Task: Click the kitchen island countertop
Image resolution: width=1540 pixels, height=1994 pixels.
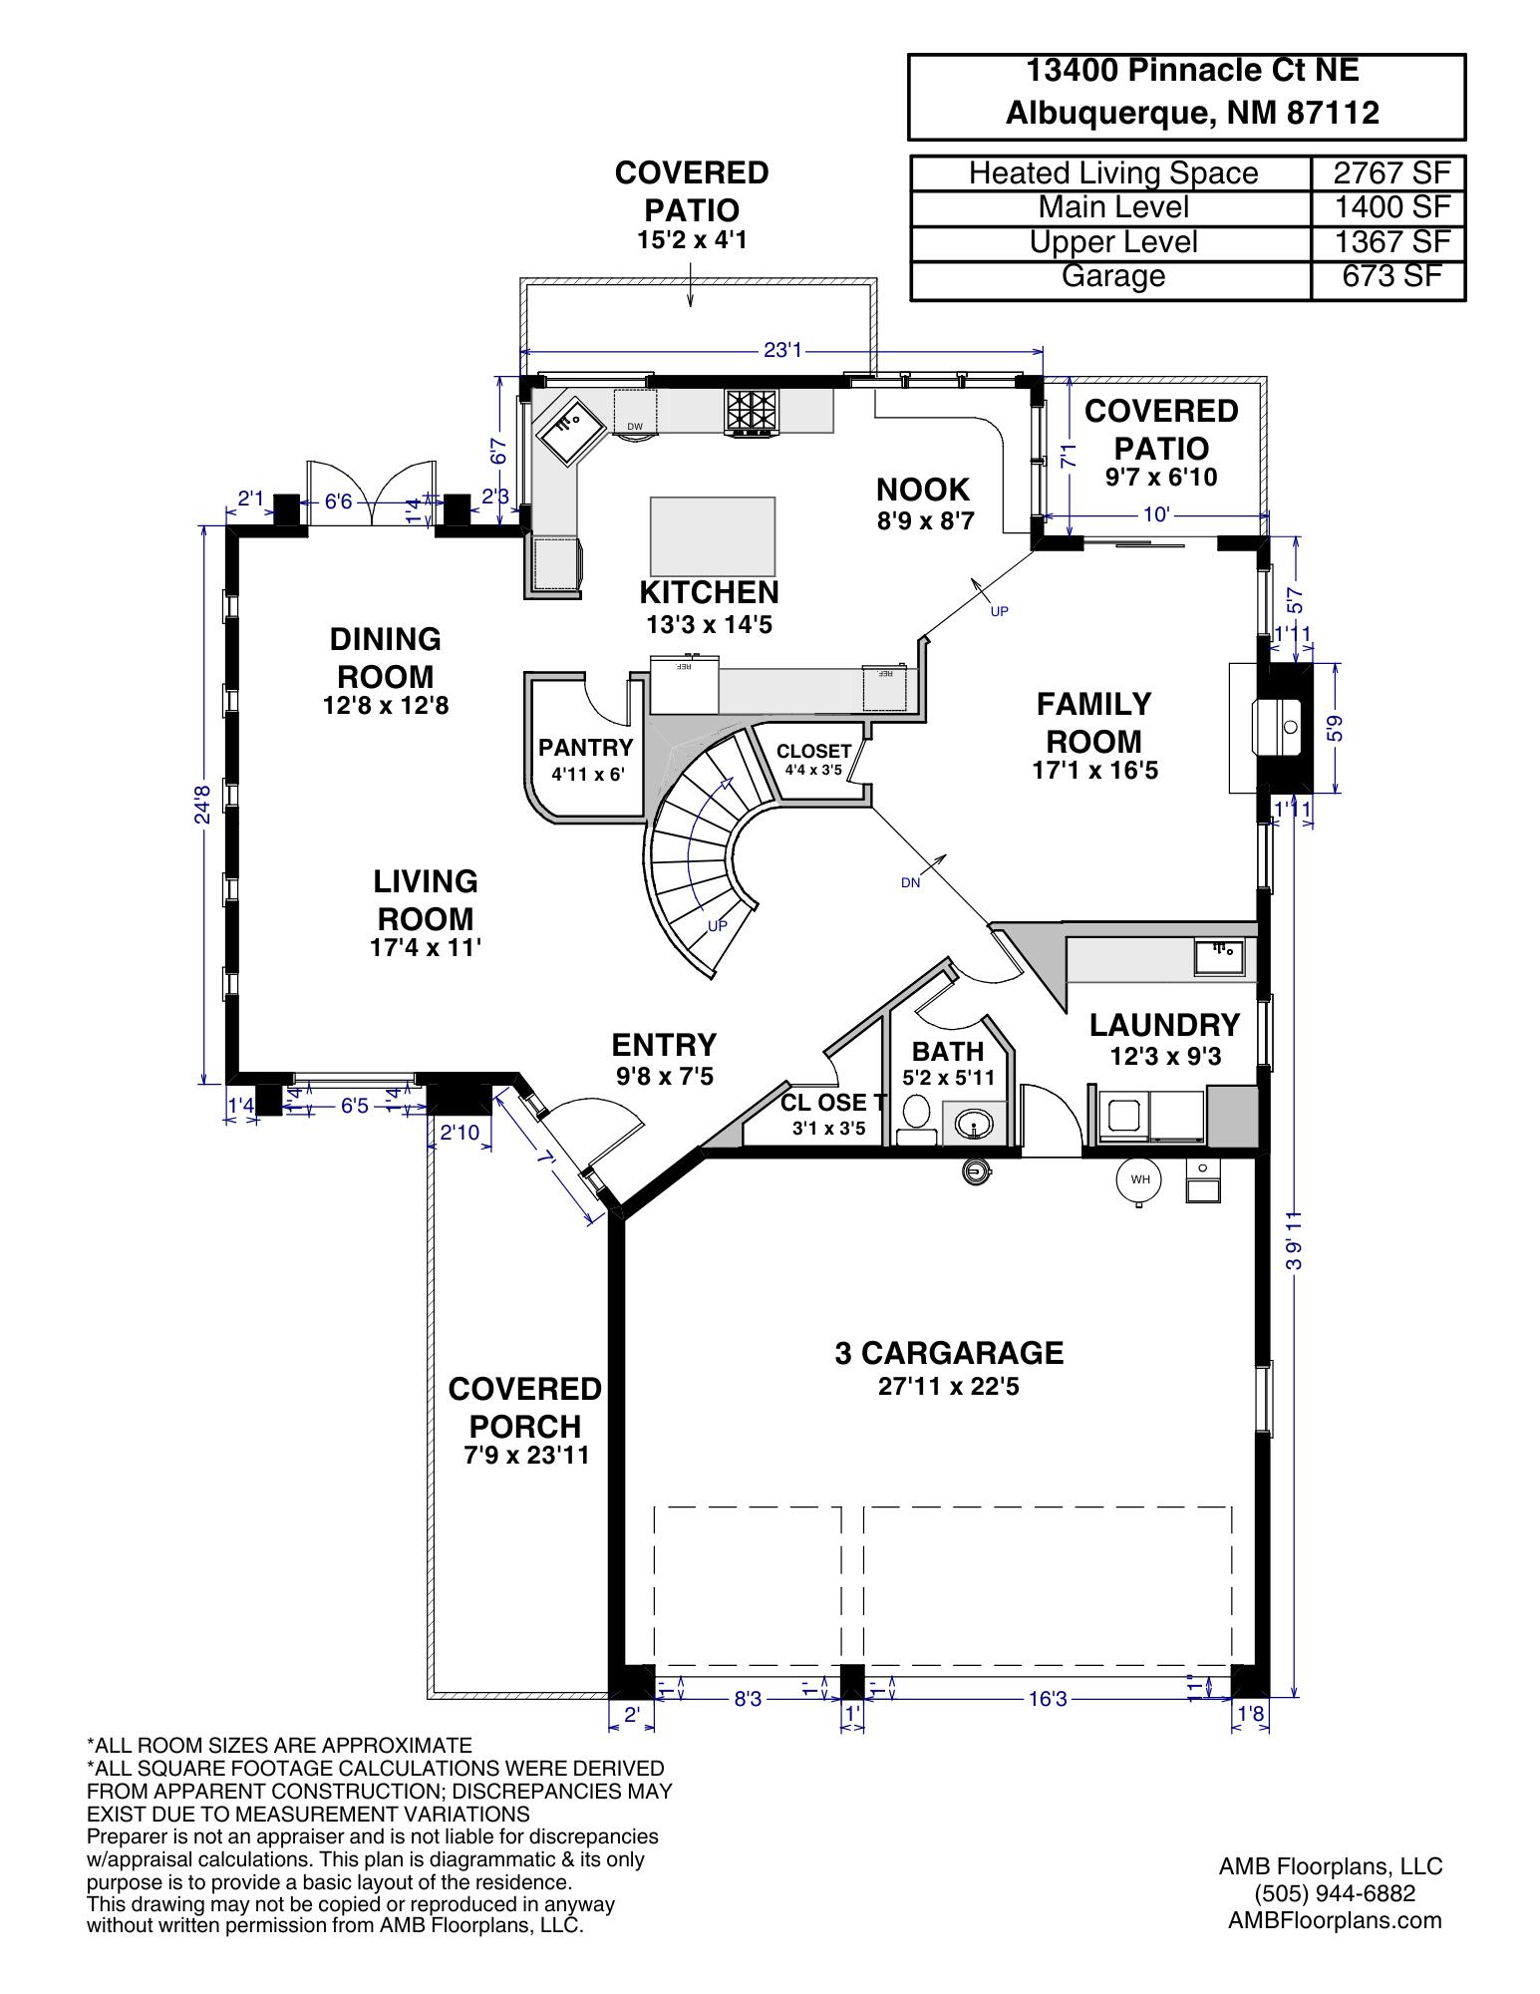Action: click(712, 534)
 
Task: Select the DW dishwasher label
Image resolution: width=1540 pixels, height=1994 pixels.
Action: click(635, 427)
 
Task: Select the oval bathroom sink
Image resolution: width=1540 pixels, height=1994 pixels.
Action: click(973, 1125)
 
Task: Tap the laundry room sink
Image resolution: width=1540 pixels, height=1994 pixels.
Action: click(1219, 957)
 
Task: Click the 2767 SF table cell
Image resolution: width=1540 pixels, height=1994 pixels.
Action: click(1388, 173)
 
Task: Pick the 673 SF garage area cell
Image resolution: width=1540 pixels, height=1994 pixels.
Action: click(1388, 275)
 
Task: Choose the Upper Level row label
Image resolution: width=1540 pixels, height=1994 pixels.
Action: click(1112, 242)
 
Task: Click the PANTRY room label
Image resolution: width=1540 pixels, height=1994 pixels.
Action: click(586, 747)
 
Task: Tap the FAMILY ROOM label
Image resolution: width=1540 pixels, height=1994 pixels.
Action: click(1094, 723)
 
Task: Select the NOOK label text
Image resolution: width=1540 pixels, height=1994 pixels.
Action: click(923, 490)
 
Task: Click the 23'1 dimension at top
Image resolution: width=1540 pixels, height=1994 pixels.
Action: click(782, 350)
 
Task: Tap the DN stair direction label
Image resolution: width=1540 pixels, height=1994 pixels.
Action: click(910, 882)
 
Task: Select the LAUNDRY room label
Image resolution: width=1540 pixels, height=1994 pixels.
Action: click(1164, 1025)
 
